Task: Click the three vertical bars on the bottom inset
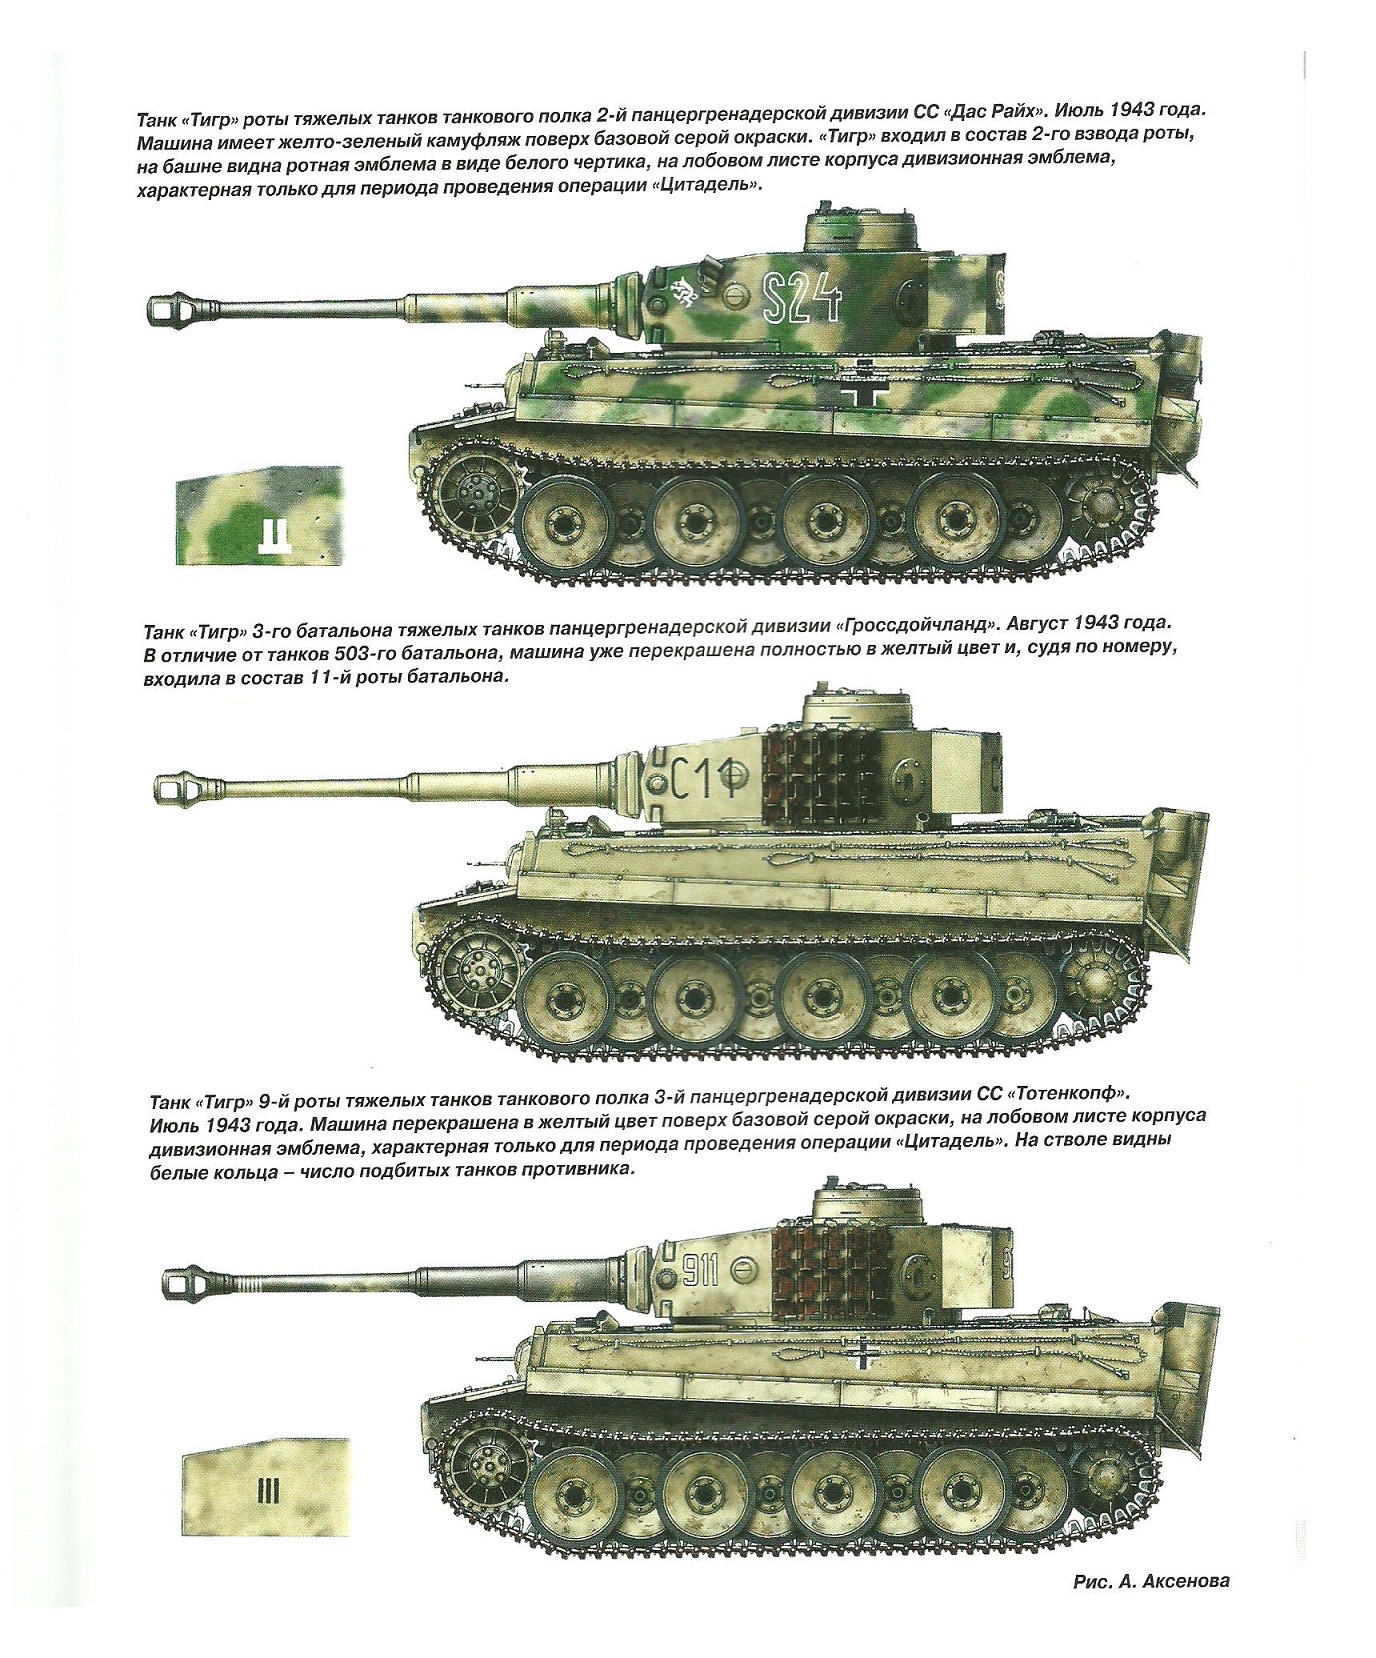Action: (x=267, y=1494)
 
